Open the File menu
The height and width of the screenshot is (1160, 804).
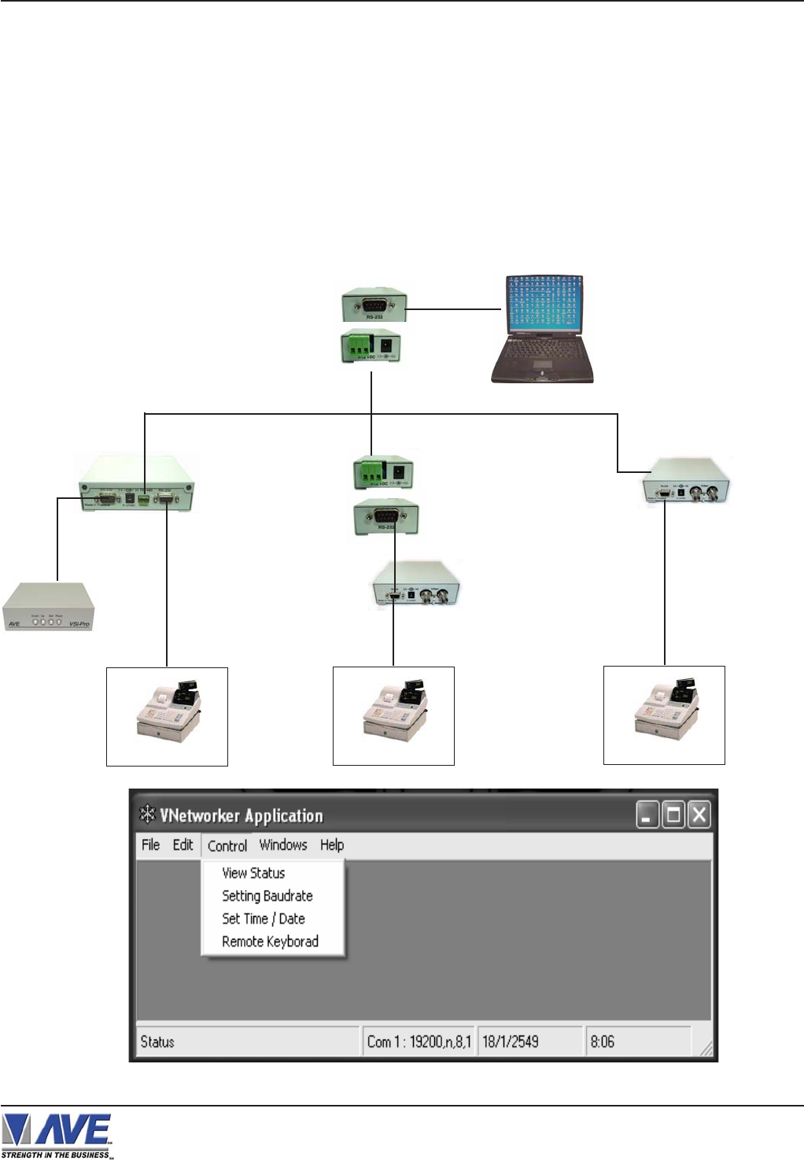(150, 845)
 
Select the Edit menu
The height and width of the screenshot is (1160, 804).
(183, 845)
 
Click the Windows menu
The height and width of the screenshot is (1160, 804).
(283, 845)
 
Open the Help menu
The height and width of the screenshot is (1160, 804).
(332, 845)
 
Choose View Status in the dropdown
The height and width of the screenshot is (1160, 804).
(253, 874)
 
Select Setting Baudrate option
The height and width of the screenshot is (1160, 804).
(267, 896)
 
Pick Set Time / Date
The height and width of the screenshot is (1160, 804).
(264, 919)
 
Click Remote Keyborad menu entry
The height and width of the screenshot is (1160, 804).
(270, 942)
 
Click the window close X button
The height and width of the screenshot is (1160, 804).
(699, 815)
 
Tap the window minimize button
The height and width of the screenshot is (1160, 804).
(647, 815)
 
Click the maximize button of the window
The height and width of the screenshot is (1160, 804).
(673, 815)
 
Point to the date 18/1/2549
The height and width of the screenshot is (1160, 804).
(511, 1042)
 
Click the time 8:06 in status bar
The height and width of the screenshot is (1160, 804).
(603, 1042)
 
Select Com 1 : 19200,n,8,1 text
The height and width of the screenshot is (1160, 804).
(419, 1042)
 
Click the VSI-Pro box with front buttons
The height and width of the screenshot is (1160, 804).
(48, 607)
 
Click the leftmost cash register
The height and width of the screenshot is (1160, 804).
(168, 711)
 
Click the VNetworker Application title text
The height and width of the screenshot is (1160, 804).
(242, 816)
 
